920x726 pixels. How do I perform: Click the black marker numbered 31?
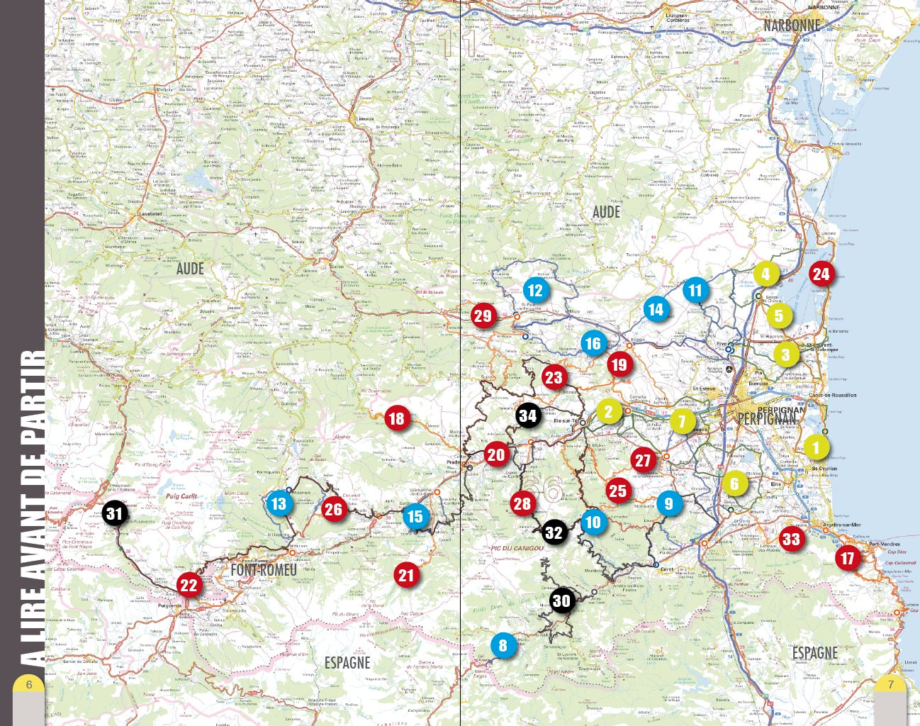(x=114, y=513)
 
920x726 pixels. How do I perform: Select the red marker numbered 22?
(x=189, y=585)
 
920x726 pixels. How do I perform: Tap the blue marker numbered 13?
(x=279, y=503)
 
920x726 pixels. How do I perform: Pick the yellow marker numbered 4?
(x=765, y=274)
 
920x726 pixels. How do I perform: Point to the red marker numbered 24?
(x=821, y=274)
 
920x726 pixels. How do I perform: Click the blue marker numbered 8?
(x=503, y=645)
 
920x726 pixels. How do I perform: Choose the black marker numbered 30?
(x=561, y=601)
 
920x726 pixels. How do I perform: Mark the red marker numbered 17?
(x=848, y=558)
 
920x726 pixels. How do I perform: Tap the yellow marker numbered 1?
(x=816, y=447)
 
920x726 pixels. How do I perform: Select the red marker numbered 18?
(x=396, y=418)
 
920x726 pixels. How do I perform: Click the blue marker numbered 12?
(x=535, y=289)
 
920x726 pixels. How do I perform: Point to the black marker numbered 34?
(x=528, y=415)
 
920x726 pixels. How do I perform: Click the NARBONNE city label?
(x=792, y=26)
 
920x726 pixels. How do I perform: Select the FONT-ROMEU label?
(x=264, y=570)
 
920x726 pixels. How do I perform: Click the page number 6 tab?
(x=29, y=685)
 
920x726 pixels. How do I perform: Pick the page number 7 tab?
(x=891, y=685)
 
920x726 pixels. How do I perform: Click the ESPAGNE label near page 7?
(x=814, y=652)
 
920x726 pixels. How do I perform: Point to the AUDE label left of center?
(x=190, y=269)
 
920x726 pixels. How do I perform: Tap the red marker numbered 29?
(x=483, y=315)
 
